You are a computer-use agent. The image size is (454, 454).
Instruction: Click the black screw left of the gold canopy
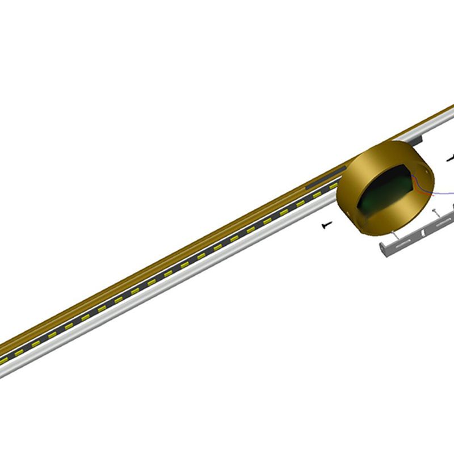[326, 225]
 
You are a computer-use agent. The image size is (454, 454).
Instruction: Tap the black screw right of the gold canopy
[451, 158]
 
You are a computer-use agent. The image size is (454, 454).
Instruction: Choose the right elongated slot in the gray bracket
[439, 225]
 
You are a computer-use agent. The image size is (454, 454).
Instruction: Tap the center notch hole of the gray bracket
[422, 233]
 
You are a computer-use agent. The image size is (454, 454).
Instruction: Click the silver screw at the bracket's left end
[393, 234]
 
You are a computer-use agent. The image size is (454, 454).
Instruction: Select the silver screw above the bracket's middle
[435, 212]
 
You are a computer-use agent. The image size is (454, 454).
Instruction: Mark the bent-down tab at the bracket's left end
[382, 250]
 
